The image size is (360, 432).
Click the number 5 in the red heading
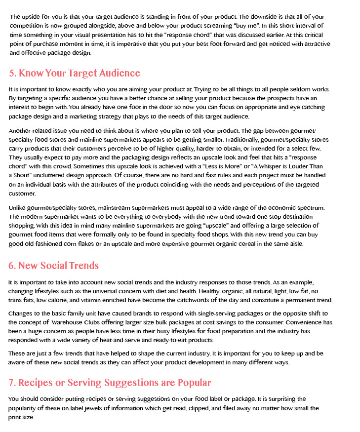pyautogui.click(x=11, y=74)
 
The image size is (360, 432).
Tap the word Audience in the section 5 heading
pyautogui.click(x=120, y=74)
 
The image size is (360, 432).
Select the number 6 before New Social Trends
pyautogui.click(x=11, y=266)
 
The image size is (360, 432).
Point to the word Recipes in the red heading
pyautogui.click(x=36, y=383)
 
